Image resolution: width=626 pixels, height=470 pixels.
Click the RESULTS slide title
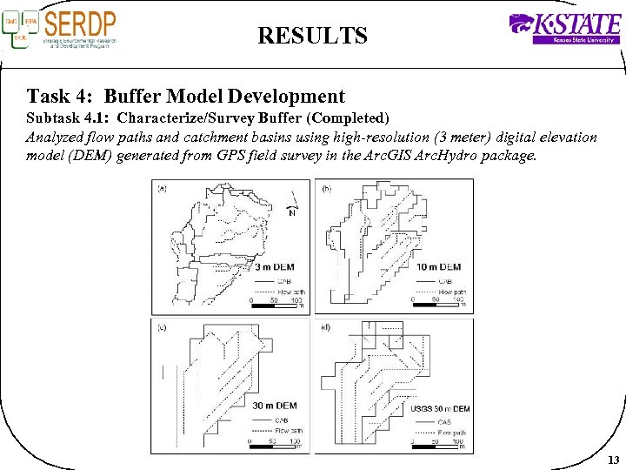pos(312,36)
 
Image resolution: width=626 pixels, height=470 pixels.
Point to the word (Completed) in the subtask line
pos(344,117)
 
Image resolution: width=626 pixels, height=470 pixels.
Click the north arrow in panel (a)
pos(294,203)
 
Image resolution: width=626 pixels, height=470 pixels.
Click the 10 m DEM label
pos(438,266)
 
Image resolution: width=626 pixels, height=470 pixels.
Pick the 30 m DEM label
pos(275,406)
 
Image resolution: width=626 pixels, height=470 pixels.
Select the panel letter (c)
pos(163,327)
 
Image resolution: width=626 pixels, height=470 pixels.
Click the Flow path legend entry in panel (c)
pos(287,430)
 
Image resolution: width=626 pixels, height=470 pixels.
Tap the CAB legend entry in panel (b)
pos(443,281)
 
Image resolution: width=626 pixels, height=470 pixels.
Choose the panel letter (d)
pos(326,327)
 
